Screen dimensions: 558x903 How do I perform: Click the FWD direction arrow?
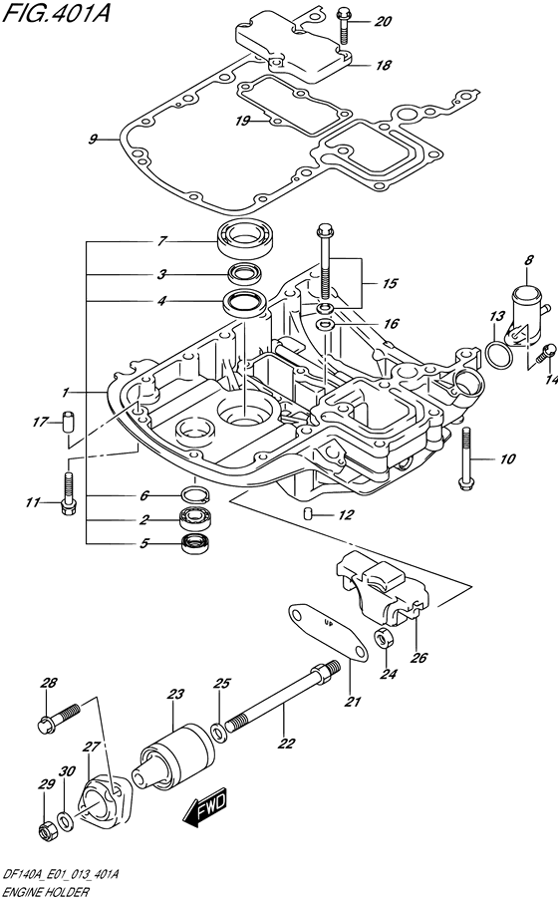204,809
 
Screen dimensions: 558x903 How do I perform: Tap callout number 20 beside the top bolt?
383,21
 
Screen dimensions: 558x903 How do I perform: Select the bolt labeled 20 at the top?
344,24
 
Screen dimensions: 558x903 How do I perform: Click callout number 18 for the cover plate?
383,65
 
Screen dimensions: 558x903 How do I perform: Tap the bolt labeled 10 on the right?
466,457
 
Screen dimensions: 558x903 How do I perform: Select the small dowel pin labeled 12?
308,513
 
